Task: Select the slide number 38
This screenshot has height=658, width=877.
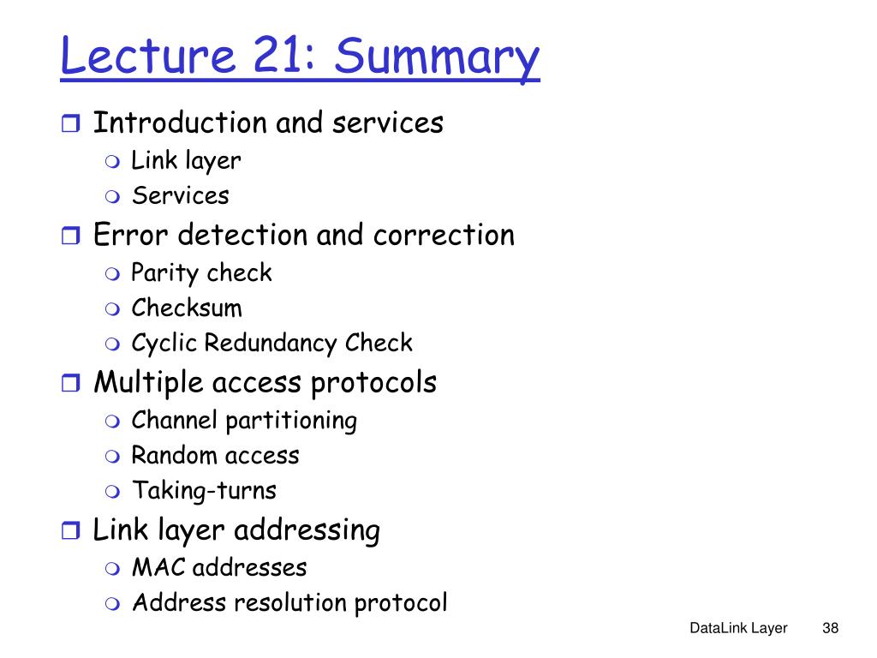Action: [830, 629]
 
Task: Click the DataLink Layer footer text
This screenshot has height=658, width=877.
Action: [738, 629]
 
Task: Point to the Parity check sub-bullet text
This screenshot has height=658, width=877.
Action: [201, 273]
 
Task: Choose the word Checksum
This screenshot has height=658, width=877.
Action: [187, 308]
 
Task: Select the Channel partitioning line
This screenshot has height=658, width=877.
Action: [244, 421]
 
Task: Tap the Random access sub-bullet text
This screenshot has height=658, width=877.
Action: [215, 455]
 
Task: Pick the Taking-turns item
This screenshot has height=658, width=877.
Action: [204, 491]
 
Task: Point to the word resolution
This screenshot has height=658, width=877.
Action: [289, 602]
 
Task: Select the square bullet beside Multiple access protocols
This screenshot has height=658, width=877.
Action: [70, 384]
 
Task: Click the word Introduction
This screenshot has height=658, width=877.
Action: [179, 123]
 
